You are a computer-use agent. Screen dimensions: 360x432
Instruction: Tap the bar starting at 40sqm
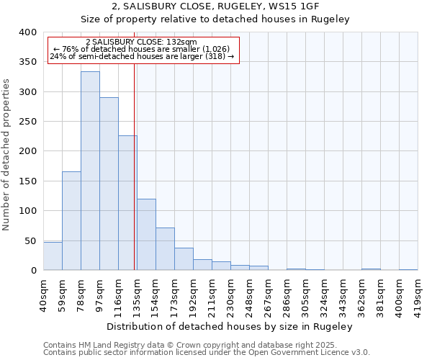[53, 256]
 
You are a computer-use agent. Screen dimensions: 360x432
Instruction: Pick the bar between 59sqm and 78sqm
[71, 220]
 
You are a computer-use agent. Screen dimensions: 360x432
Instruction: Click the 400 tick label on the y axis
[27, 32]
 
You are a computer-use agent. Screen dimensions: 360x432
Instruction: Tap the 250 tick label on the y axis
[27, 122]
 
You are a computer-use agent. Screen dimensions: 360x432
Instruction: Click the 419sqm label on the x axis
[418, 291]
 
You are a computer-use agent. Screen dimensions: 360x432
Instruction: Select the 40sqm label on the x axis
[44, 291]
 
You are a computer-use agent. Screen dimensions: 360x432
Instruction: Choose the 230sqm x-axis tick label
[231, 291]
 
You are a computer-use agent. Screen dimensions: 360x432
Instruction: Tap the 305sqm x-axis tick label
[306, 291]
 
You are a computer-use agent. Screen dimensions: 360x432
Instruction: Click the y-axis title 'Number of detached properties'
[6, 151]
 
